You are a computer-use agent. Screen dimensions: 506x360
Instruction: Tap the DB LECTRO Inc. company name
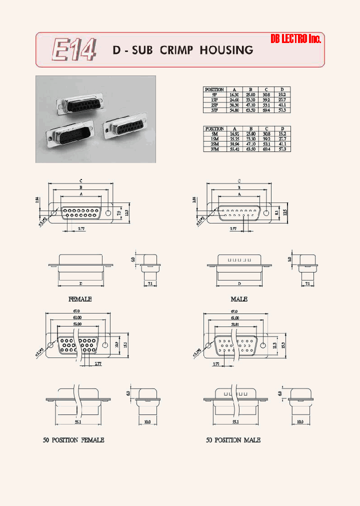tap(295, 39)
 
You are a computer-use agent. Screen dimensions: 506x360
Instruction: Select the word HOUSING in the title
tap(226, 50)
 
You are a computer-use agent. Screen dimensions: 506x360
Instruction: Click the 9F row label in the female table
tap(214, 94)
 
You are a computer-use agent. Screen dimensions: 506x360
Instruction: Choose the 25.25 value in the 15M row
tap(234, 139)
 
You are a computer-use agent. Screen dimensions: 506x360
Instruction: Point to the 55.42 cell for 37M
tap(234, 149)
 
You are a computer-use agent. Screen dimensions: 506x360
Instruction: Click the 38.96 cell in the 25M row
tap(234, 144)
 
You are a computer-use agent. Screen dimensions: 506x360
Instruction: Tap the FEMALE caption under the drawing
tap(80, 299)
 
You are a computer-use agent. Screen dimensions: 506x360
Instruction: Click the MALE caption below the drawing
tap(239, 299)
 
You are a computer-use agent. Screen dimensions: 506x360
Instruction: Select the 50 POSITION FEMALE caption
tap(73, 440)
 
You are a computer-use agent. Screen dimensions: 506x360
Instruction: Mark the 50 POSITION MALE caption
tap(233, 440)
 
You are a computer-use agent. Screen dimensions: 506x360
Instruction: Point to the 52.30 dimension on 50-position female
tap(76, 324)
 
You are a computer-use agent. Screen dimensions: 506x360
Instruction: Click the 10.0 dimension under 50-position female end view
tap(147, 422)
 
